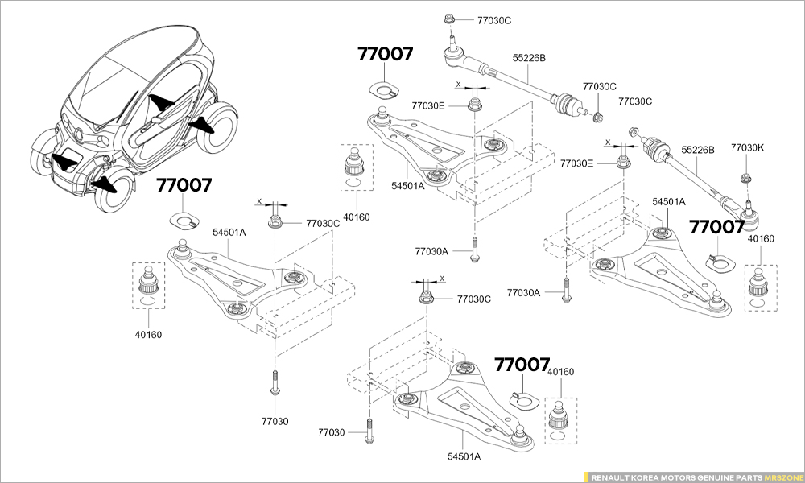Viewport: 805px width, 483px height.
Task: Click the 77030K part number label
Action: click(747, 148)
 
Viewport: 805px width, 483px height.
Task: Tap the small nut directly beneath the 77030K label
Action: click(745, 179)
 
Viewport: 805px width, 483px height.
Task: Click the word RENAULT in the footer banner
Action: click(611, 477)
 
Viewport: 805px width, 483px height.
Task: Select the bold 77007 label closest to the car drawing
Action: click(184, 186)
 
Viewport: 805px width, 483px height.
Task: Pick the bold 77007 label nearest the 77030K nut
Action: click(717, 227)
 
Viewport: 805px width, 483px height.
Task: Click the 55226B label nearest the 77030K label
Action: click(698, 150)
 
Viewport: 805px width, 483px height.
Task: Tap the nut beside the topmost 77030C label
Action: click(450, 18)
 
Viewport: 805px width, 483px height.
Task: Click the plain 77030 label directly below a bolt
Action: click(275, 421)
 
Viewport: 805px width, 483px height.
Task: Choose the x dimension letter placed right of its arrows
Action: click(442, 279)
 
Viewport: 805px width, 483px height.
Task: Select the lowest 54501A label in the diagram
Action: click(464, 456)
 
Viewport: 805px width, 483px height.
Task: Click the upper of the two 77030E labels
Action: click(428, 105)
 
